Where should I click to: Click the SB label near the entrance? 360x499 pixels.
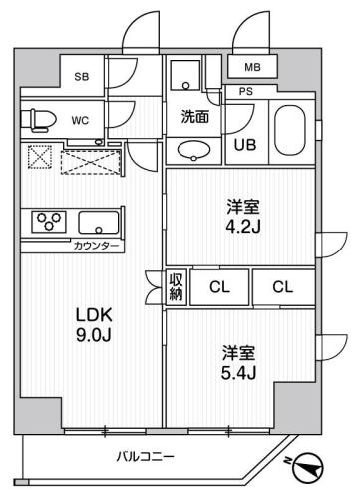[80, 77]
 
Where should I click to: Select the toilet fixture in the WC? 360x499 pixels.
[38, 119]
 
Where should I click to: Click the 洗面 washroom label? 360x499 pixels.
[193, 115]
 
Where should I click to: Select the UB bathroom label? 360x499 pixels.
[244, 144]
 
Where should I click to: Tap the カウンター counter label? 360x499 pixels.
[96, 245]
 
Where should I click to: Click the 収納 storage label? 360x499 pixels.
[176, 287]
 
